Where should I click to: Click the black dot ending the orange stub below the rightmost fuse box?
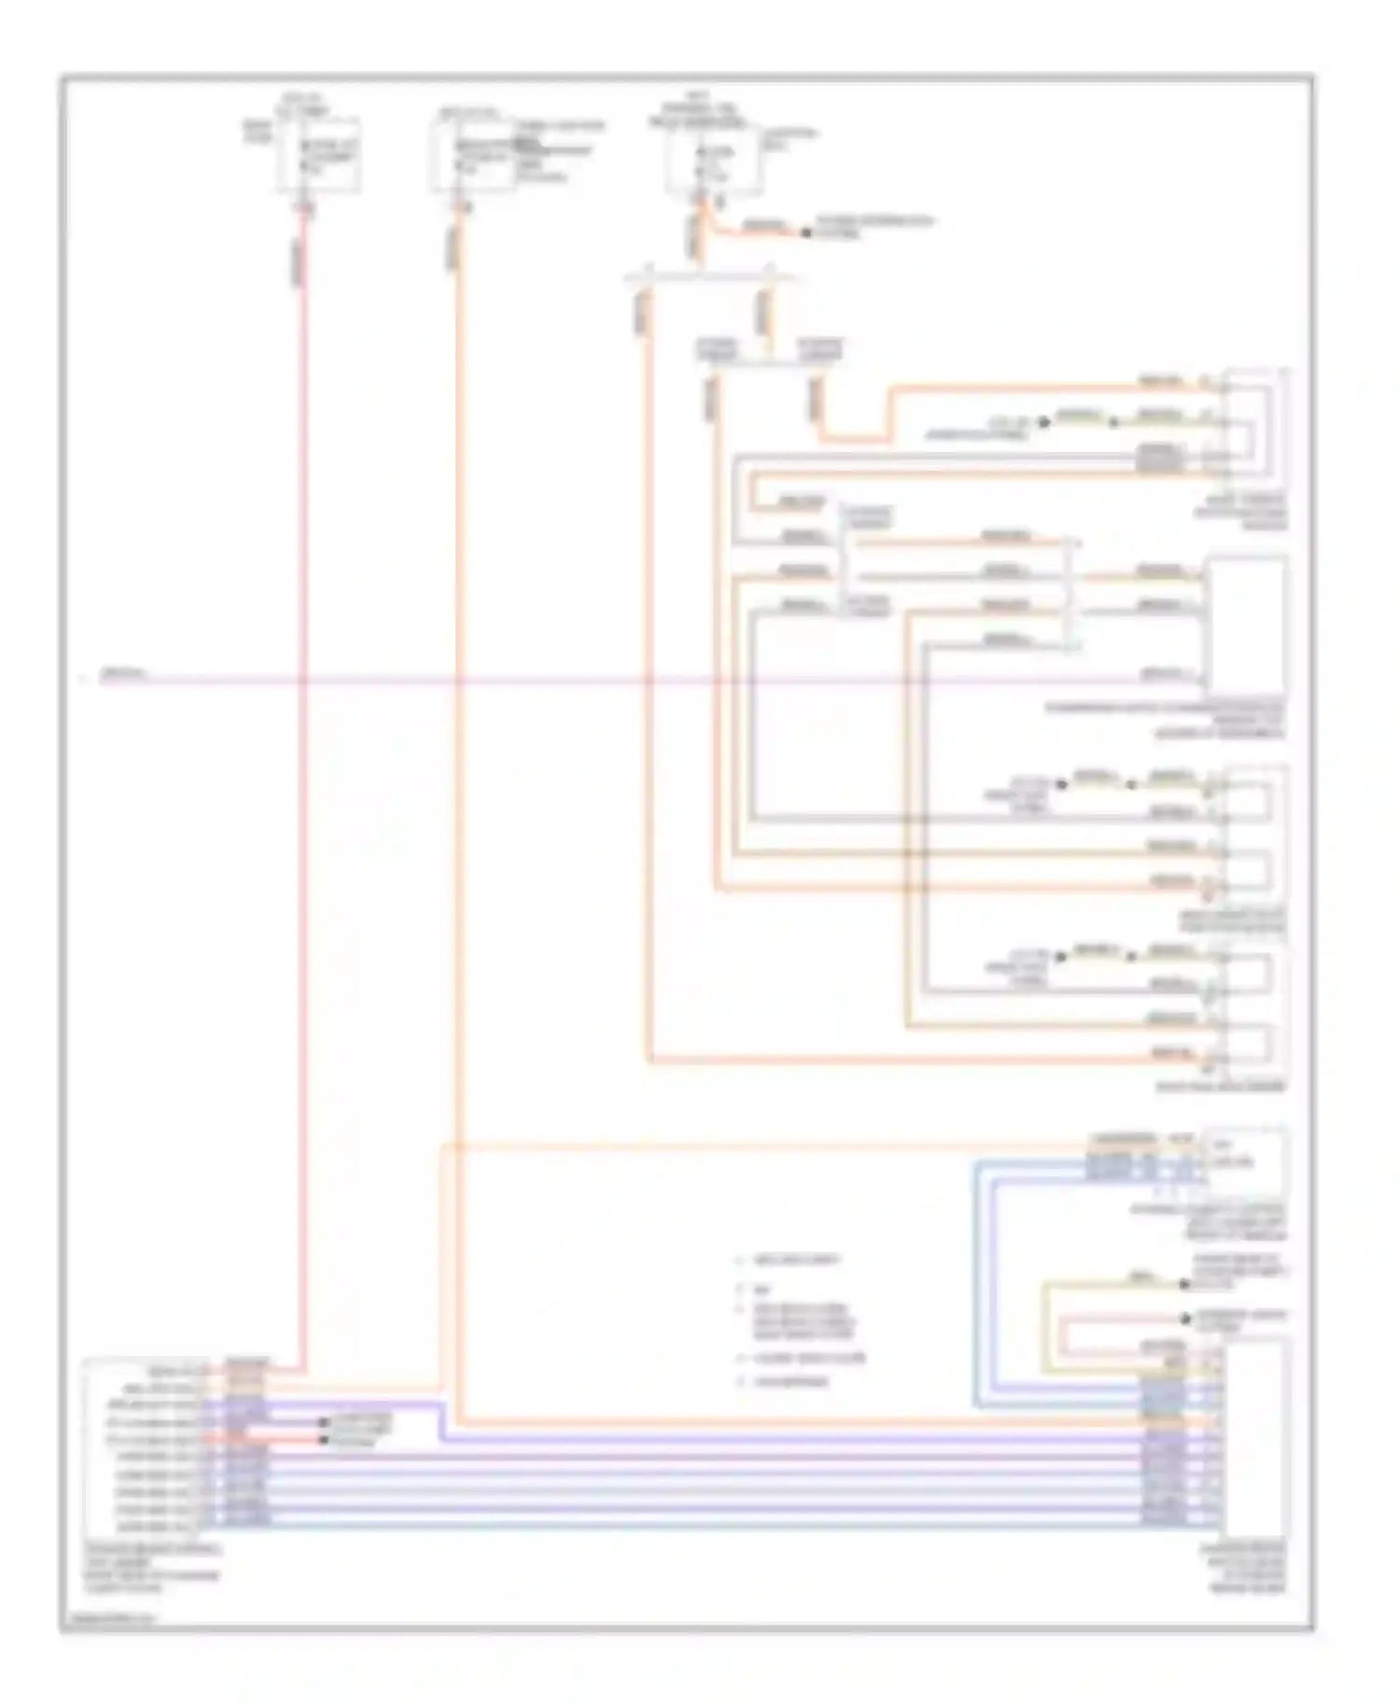coord(806,232)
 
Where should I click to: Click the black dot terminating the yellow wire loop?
coord(1184,1284)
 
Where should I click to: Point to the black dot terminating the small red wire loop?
coord(1184,1319)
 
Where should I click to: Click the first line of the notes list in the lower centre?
coord(797,1260)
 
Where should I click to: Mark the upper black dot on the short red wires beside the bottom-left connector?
coord(324,1421)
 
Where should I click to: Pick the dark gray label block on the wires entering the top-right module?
coord(1157,457)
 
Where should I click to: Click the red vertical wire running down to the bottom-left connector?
coord(302,840)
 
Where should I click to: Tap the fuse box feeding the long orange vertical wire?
coord(472,157)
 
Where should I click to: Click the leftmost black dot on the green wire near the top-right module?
coord(1044,422)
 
